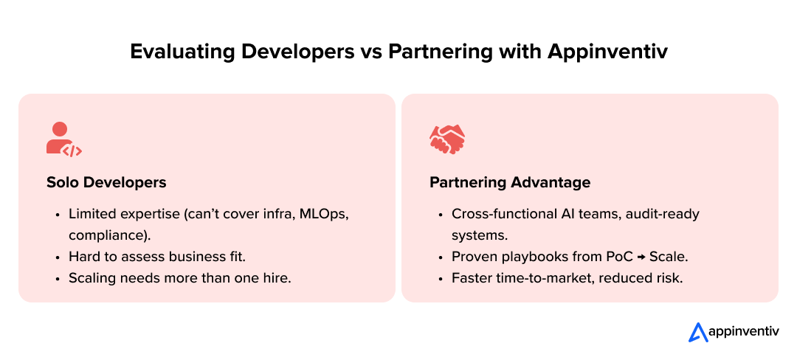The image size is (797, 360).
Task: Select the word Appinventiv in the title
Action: click(x=607, y=52)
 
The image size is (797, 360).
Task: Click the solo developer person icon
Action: click(x=63, y=139)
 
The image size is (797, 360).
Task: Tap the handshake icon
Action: click(x=447, y=139)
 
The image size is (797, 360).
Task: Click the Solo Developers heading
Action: click(x=106, y=182)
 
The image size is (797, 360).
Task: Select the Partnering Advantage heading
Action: click(x=510, y=182)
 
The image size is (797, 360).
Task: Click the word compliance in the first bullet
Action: click(x=105, y=235)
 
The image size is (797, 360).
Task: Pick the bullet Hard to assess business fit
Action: click(x=157, y=257)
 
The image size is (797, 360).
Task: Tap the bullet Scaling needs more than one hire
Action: click(x=180, y=279)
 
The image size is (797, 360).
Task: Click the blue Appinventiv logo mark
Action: click(x=698, y=332)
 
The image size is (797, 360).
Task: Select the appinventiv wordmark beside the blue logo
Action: click(x=743, y=332)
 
